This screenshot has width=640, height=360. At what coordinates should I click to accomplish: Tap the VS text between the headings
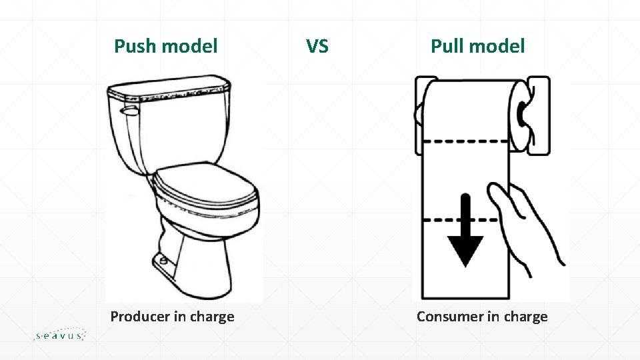pos(317,46)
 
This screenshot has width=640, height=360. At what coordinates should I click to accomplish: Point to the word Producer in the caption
pos(139,317)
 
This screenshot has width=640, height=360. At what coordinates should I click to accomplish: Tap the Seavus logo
pos(59,335)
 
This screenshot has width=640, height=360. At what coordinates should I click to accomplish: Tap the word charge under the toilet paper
pos(526,317)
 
